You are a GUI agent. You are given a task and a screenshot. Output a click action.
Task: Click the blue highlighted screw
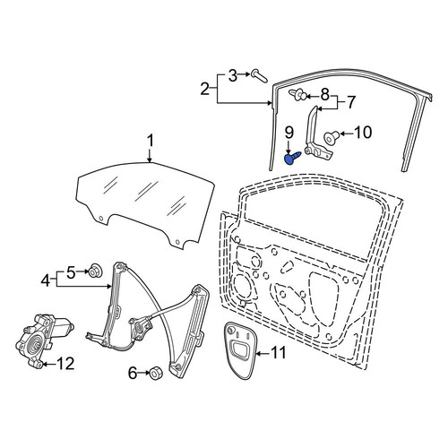pyautogui.click(x=291, y=158)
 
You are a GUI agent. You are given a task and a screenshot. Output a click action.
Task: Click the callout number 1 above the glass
pyautogui.click(x=151, y=141)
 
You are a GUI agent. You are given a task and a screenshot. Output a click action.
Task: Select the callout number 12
pyautogui.click(x=65, y=364)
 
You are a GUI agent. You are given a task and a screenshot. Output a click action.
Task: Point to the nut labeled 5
pyautogui.click(x=96, y=271)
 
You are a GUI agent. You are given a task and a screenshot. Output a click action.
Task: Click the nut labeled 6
pyautogui.click(x=154, y=374)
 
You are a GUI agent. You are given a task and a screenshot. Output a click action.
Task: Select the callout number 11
pyautogui.click(x=278, y=353)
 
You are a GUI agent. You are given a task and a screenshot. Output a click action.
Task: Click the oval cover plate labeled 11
pyautogui.click(x=240, y=350)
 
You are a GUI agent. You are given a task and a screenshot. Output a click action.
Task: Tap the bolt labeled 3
pyautogui.click(x=259, y=75)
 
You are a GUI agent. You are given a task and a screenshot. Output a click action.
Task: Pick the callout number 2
pyautogui.click(x=205, y=89)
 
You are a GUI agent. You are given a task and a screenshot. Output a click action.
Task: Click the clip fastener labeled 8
pyautogui.click(x=297, y=95)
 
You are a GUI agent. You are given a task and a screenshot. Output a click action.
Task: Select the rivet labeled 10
pyautogui.click(x=332, y=137)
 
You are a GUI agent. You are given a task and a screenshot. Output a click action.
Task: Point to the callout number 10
pyautogui.click(x=363, y=133)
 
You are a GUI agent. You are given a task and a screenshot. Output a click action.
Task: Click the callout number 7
pyautogui.click(x=350, y=102)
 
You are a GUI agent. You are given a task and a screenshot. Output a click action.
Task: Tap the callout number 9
pyautogui.click(x=289, y=133)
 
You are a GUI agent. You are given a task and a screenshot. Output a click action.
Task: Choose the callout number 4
pyautogui.click(x=46, y=280)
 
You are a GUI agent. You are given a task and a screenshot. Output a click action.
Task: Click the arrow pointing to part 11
pyautogui.click(x=263, y=354)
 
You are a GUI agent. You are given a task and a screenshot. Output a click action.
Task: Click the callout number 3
pyautogui.click(x=233, y=75)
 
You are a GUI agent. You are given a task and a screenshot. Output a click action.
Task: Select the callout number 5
pyautogui.click(x=71, y=272)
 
